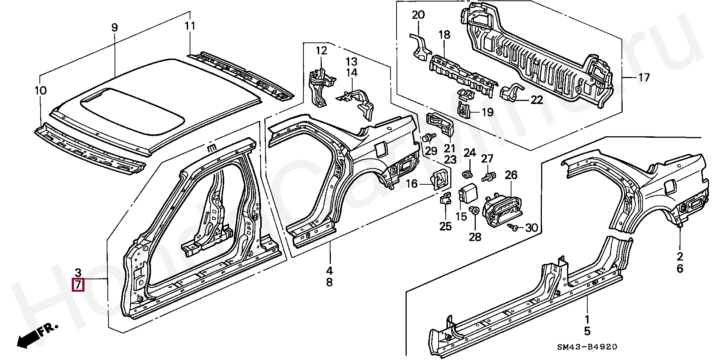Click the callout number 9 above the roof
point(115,27)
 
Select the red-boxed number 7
point(78,285)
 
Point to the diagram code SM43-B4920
point(587,347)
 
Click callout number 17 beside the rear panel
point(644,78)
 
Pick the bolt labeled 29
point(428,137)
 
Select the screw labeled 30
point(512,227)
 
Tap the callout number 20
point(418,15)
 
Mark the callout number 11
point(190,26)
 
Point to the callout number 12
point(321,50)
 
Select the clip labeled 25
point(445,198)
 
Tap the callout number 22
point(537,100)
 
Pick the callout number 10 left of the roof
point(41,90)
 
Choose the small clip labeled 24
point(467,173)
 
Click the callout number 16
point(412,184)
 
